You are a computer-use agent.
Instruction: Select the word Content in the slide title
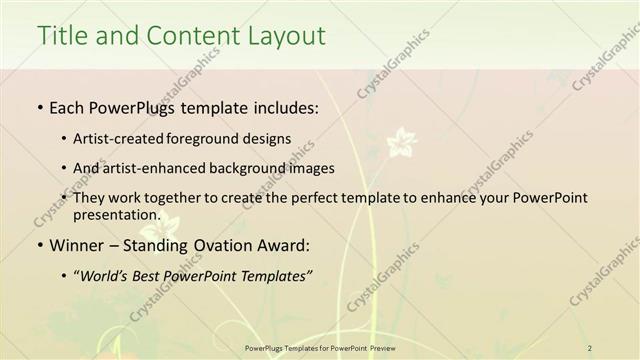point(186,36)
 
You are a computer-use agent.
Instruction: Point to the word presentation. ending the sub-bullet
point(116,214)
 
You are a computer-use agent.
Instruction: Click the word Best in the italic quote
point(157,276)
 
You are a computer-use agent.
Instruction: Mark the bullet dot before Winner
point(39,245)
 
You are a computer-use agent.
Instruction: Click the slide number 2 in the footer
point(590,348)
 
